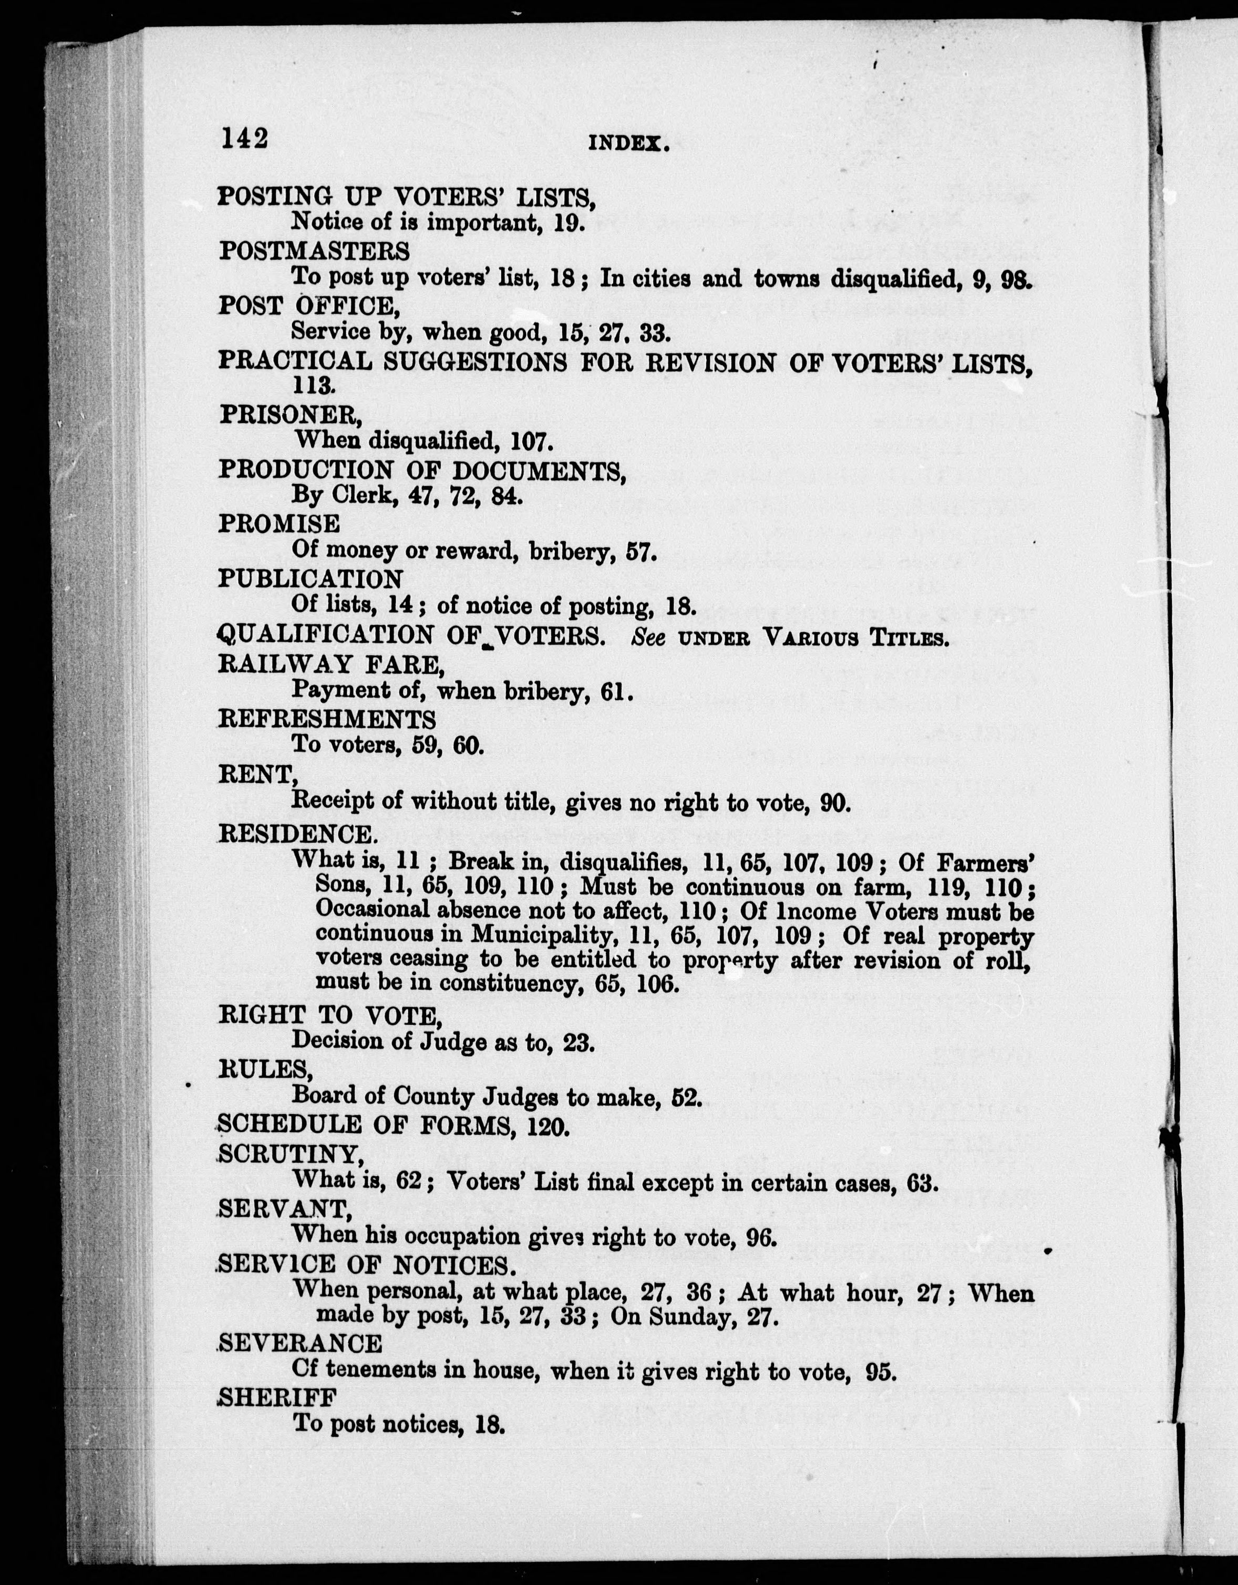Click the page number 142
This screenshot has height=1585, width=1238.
coord(244,138)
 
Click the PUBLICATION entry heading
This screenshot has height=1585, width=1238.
coord(311,579)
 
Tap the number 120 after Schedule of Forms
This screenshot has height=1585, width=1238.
coord(544,1126)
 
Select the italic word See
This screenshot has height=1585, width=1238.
coord(649,636)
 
